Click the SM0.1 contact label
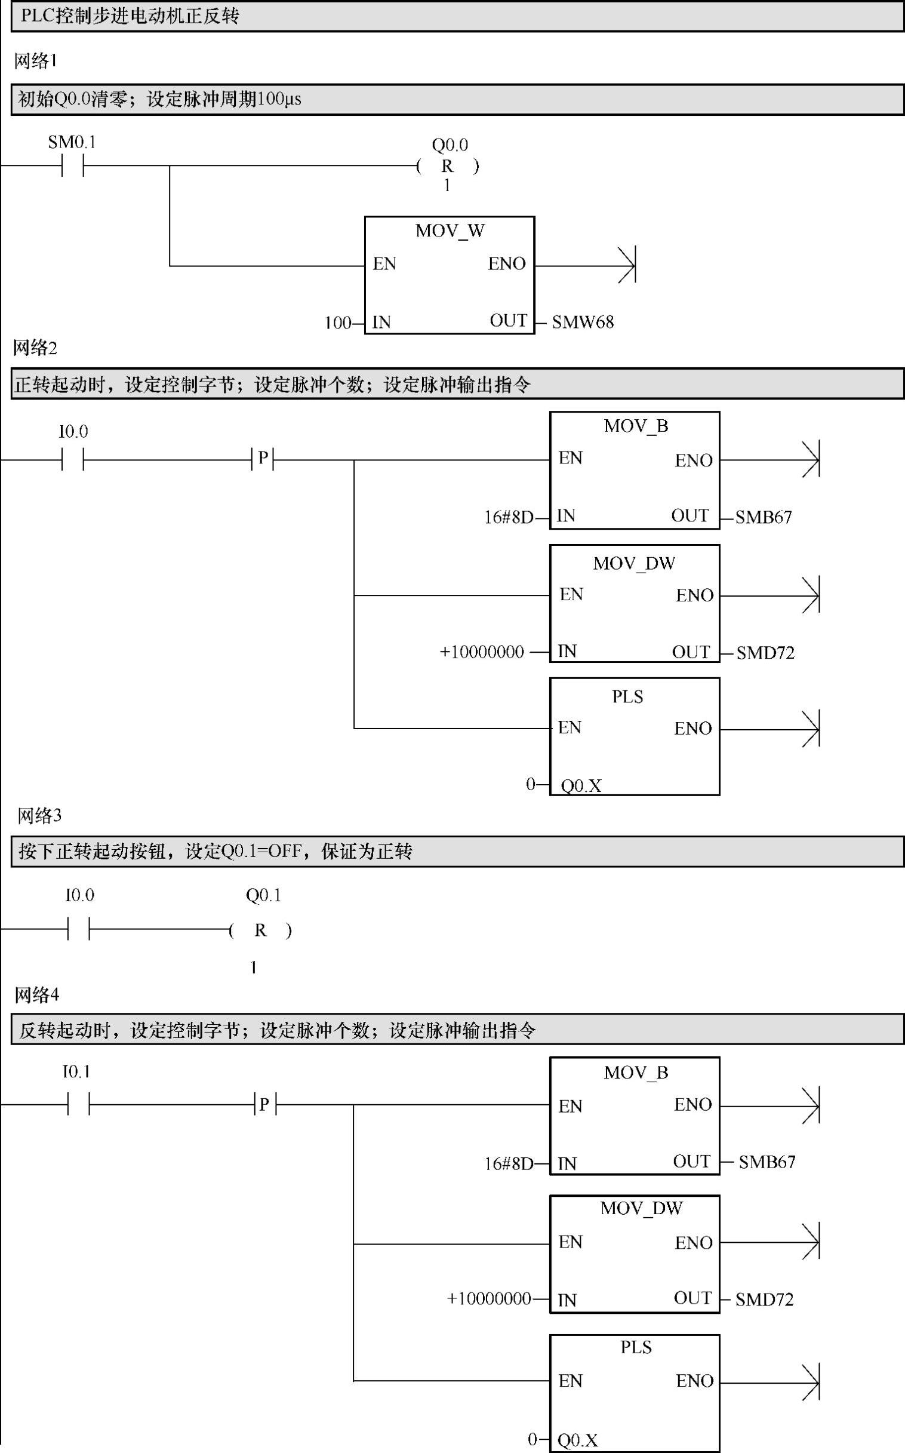coord(72,143)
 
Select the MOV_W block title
coord(450,231)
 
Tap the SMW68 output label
coord(583,322)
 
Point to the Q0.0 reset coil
coord(448,167)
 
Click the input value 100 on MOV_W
coord(337,323)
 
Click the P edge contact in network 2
coord(263,459)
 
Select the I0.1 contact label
coord(76,1071)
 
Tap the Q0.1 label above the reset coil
coord(263,896)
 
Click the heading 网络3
coord(39,815)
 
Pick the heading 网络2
coord(35,348)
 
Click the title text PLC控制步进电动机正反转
coord(130,16)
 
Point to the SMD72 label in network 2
coord(765,653)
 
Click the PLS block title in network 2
coord(627,697)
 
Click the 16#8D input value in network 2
coord(508,517)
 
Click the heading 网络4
coord(36,995)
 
